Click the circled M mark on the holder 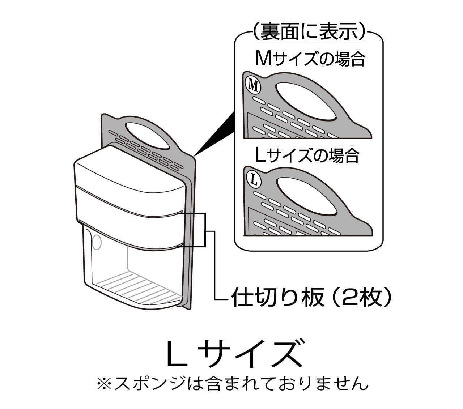tap(253, 85)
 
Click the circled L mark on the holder tap(254, 180)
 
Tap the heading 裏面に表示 tap(309, 31)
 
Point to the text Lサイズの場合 tap(307, 155)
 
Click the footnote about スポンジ tap(233, 383)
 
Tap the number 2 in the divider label tap(348, 297)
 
